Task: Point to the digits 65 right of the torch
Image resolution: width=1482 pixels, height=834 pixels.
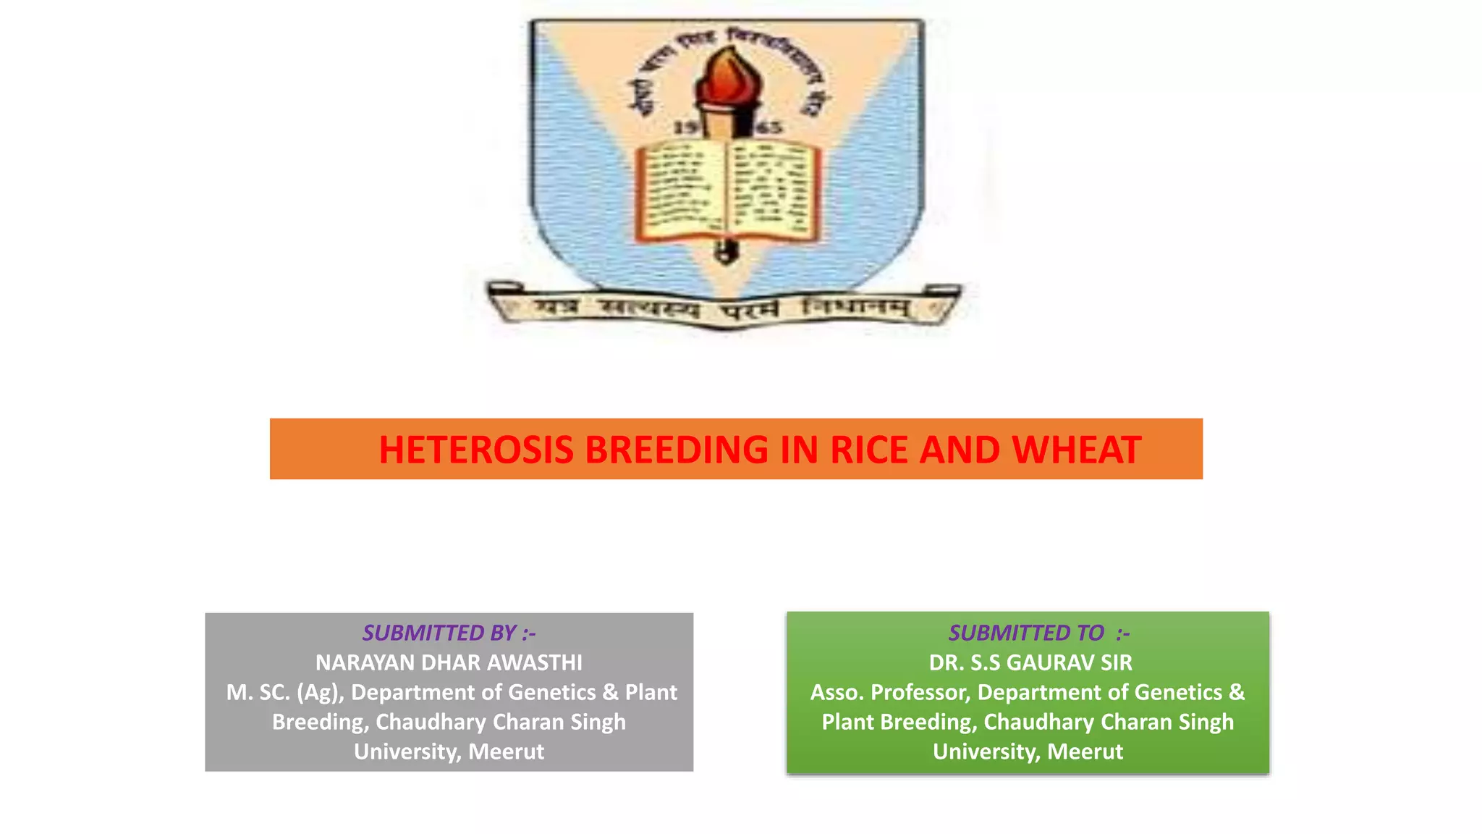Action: click(x=768, y=128)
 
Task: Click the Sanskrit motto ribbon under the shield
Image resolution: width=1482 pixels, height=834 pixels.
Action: click(x=724, y=309)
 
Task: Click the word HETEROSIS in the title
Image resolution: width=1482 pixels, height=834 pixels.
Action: click(x=476, y=450)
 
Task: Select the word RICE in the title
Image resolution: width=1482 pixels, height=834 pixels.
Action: click(x=871, y=450)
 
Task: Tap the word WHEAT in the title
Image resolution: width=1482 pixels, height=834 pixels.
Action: click(x=1077, y=450)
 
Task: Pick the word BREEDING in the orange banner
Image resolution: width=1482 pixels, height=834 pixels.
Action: click(x=676, y=450)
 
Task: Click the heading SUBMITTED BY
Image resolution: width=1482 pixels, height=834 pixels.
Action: click(x=449, y=633)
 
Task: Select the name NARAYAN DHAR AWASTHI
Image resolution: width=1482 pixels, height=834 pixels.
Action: click(x=449, y=662)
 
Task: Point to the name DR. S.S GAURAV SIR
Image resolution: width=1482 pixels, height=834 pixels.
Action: click(x=1030, y=662)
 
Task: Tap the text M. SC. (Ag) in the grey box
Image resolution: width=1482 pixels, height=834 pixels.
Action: click(x=284, y=692)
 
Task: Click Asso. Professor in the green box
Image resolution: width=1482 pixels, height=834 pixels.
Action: click(x=889, y=692)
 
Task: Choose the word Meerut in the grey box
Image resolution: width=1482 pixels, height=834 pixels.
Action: click(x=506, y=751)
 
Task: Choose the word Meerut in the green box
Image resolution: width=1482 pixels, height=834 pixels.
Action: click(x=1085, y=751)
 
